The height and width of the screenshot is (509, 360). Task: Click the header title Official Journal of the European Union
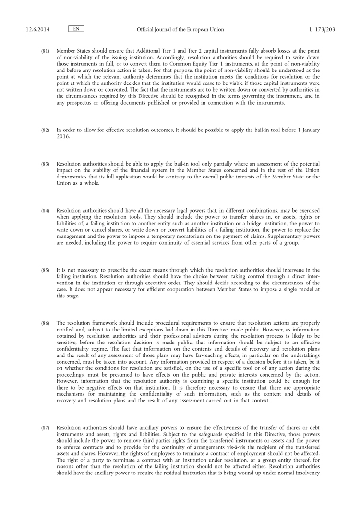[x=180, y=30]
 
